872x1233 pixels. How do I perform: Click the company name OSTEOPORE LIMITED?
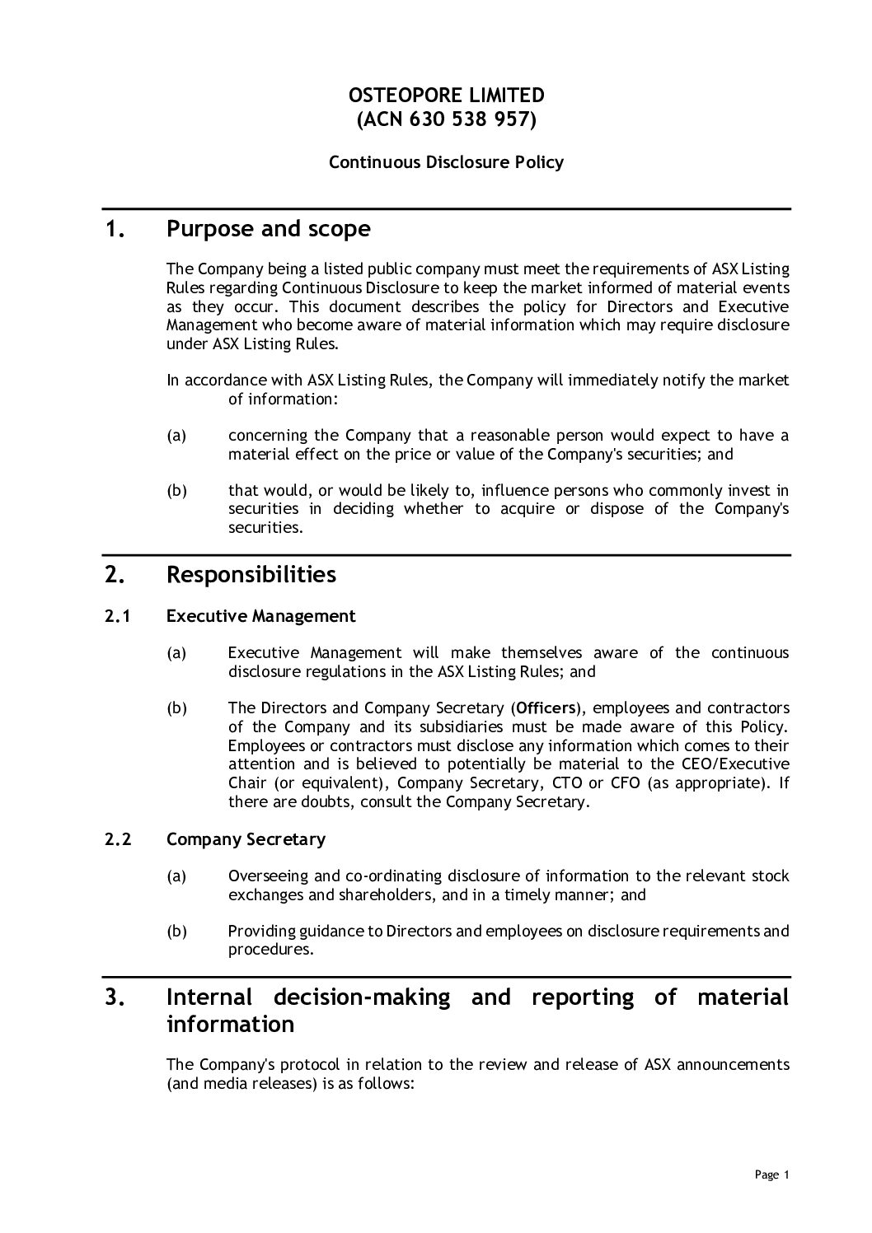click(x=446, y=95)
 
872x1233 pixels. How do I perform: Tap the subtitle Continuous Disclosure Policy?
click(x=446, y=162)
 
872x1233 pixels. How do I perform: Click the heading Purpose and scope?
click(x=268, y=229)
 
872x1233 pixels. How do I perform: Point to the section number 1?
click(x=115, y=230)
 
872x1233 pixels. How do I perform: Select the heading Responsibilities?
click(x=251, y=574)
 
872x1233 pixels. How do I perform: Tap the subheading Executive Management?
click(x=260, y=616)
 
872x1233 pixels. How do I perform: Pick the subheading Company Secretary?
click(x=246, y=839)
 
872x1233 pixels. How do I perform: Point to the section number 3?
click(x=115, y=998)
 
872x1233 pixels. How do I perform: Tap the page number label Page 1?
click(x=771, y=1175)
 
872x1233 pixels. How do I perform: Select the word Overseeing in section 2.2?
click(x=265, y=876)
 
